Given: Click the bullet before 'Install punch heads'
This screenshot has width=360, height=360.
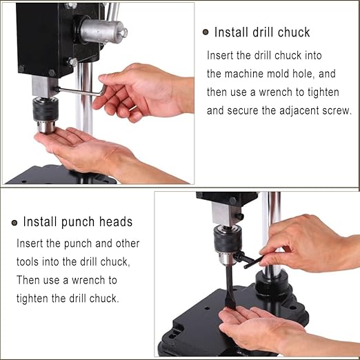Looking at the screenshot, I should [14, 222].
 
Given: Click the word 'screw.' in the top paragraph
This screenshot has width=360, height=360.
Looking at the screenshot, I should [334, 110].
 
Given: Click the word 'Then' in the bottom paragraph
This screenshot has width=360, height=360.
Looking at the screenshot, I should [29, 280].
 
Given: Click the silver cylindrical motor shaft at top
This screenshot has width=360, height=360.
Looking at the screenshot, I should [102, 31].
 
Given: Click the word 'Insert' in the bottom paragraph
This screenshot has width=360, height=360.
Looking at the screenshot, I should [32, 243].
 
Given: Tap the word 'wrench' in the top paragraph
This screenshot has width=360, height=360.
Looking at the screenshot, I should [292, 92].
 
